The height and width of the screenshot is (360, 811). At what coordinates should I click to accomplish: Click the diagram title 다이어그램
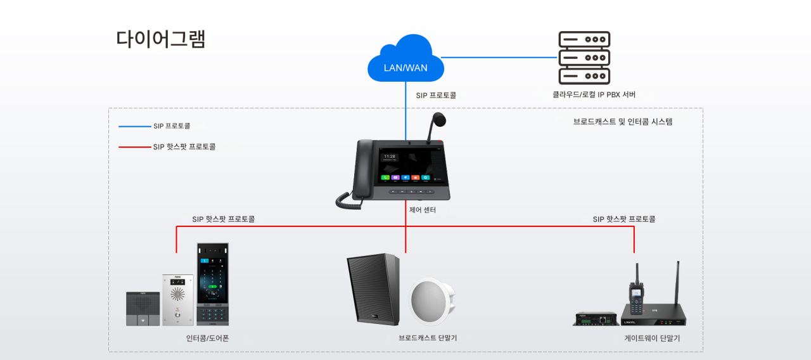coord(161,39)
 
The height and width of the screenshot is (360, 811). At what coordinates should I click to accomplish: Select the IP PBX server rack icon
coord(584,58)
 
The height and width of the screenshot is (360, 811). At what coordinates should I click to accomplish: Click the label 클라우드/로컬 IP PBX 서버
coord(594,94)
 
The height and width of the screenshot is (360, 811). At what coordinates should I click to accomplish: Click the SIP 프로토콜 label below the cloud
coord(436,95)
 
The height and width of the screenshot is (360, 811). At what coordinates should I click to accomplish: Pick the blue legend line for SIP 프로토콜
coord(134,126)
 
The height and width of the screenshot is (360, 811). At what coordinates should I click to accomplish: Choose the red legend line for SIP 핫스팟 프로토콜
coord(134,147)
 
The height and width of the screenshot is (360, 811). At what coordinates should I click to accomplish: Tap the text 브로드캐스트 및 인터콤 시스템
coord(623,122)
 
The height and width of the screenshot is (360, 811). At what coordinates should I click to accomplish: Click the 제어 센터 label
coord(423,210)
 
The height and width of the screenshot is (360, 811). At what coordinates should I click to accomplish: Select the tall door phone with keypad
coord(212,283)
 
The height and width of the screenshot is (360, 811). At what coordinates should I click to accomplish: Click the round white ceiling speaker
coord(433,301)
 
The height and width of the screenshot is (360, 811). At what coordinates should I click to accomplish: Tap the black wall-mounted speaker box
coord(373,288)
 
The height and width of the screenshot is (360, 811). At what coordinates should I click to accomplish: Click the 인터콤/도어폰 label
coord(208,338)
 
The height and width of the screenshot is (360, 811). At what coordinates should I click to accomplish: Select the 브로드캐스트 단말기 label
coord(428,338)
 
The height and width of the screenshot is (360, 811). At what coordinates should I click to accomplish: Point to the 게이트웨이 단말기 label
coord(652,338)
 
